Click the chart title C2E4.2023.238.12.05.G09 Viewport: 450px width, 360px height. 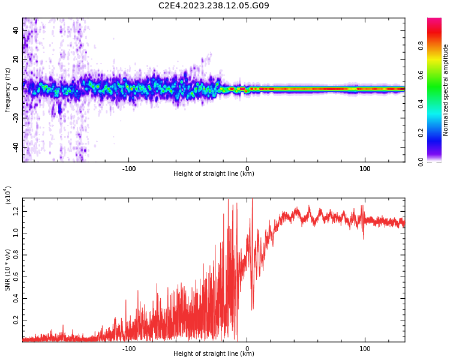214,6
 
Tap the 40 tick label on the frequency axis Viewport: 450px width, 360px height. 16,30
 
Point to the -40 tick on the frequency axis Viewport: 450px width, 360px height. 15,147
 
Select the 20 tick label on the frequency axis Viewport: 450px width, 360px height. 16,59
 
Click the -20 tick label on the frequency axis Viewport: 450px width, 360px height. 15,118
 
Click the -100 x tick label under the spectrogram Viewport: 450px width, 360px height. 129,169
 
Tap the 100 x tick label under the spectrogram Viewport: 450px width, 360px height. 365,169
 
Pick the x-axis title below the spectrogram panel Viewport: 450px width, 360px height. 214,174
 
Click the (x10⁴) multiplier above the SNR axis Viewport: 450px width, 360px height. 8,194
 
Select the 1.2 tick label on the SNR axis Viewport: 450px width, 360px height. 16,211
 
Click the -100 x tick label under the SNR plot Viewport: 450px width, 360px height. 129,349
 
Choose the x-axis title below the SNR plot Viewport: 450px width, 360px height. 214,354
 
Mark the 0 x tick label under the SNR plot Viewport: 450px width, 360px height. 247,349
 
